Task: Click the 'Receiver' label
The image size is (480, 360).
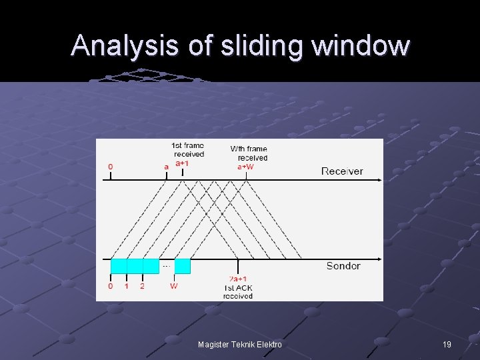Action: (342, 171)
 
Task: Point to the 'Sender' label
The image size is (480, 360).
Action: (343, 266)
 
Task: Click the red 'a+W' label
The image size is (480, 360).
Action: (246, 167)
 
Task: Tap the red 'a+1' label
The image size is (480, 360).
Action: (182, 163)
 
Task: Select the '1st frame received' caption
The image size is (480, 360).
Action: (188, 150)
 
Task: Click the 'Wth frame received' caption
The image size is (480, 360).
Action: (249, 153)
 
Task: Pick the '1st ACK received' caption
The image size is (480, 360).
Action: (238, 291)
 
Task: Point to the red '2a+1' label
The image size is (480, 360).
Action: (238, 279)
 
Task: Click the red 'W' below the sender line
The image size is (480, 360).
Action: (174, 286)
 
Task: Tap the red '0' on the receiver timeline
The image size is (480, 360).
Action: (111, 166)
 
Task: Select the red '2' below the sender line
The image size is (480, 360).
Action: (142, 286)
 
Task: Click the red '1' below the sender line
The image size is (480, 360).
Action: (127, 286)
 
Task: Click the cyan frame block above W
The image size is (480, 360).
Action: (182, 266)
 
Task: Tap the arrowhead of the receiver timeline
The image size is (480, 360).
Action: (380, 179)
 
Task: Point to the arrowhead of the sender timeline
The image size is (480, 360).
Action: (380, 259)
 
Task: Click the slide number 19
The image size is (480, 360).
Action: (447, 345)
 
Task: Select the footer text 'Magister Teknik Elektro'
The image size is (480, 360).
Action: (240, 345)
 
